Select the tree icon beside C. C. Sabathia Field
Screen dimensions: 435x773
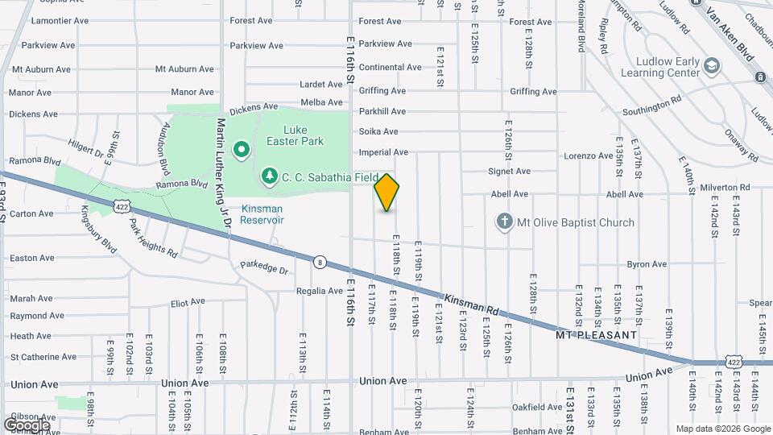coord(271,175)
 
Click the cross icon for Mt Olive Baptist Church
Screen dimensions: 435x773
coord(505,222)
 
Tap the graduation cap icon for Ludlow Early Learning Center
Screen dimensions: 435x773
coord(711,64)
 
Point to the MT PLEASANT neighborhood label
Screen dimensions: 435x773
coord(596,333)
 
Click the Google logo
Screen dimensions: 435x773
coord(27,425)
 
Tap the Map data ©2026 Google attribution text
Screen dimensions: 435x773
coord(721,429)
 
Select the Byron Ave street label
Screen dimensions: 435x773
coord(647,263)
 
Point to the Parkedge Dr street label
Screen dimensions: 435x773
coord(263,268)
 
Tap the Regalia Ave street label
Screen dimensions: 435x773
coord(319,291)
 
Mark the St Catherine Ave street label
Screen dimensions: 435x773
coord(43,356)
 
